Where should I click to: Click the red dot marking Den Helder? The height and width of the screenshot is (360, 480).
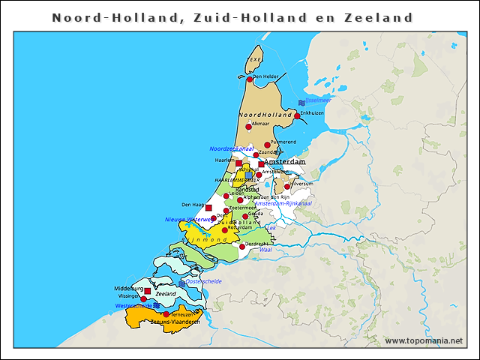(x=250, y=79)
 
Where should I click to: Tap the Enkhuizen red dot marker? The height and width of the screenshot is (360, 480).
(x=297, y=115)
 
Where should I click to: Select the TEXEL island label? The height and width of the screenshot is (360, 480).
(x=256, y=58)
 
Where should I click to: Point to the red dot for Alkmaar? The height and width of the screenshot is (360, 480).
(x=249, y=127)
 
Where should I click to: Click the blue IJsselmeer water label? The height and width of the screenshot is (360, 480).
(x=317, y=100)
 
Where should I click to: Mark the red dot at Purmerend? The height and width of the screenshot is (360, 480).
(x=267, y=145)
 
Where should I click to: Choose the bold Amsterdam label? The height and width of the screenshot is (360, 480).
(x=285, y=162)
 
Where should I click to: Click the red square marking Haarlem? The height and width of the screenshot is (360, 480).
(x=238, y=163)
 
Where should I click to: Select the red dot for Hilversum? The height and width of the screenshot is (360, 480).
(x=287, y=186)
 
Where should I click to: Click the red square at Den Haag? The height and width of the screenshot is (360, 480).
(x=208, y=207)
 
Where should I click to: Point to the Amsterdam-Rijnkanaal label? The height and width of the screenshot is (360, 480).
(x=283, y=203)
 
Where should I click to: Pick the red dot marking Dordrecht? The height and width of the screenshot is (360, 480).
(x=242, y=246)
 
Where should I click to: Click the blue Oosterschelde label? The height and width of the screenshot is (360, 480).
(x=202, y=281)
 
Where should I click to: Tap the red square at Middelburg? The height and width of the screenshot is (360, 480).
(x=147, y=291)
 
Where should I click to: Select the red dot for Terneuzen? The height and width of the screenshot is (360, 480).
(x=166, y=313)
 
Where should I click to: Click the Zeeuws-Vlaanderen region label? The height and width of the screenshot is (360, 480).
(x=175, y=322)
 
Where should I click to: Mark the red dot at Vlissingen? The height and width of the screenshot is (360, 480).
(x=144, y=298)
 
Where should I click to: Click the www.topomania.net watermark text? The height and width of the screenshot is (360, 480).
(x=424, y=340)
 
